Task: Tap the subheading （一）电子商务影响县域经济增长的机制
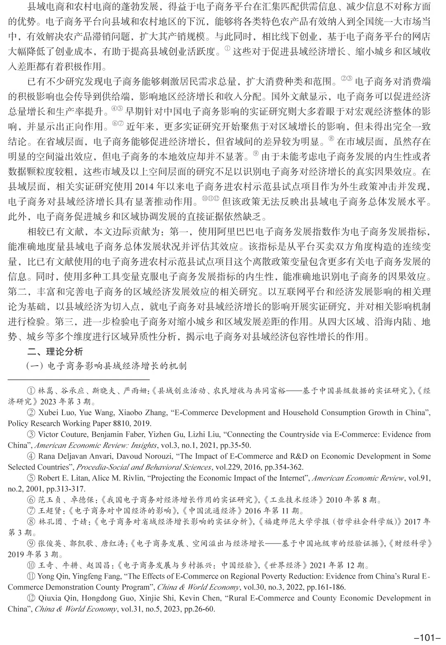[x=107, y=366]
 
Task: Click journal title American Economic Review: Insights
[x=96, y=445]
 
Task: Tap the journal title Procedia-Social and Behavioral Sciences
[x=144, y=467]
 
